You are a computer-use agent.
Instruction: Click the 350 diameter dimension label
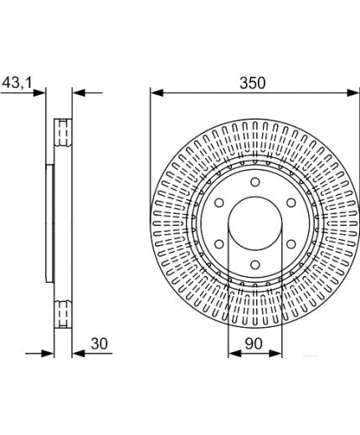[253, 83]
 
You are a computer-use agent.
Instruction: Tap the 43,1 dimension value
[18, 82]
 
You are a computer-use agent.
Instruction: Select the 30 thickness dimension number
[99, 343]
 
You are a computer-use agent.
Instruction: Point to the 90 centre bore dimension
[254, 343]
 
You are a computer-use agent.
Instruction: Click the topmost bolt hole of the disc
[255, 182]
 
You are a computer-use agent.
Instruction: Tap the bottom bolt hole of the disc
[255, 264]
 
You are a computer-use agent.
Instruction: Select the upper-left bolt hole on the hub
[219, 202]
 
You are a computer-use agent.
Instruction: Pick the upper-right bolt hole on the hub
[291, 202]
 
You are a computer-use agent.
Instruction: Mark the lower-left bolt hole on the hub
[219, 244]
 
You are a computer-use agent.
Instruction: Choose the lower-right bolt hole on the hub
[291, 244]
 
